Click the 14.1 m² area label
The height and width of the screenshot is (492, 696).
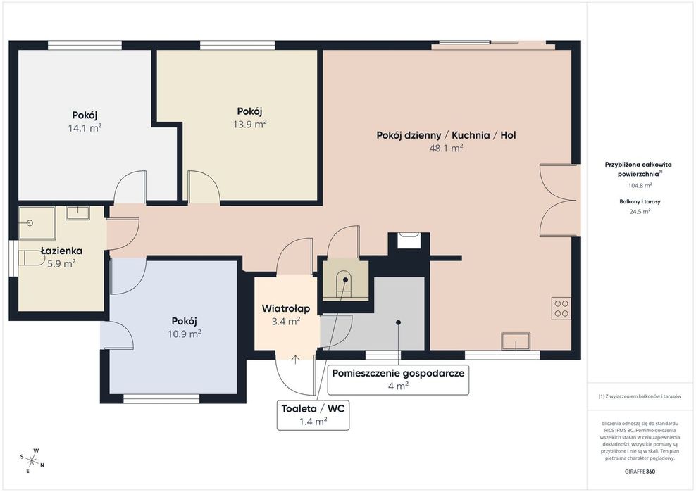coord(85,128)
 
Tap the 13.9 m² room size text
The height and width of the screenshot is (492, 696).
coord(250,124)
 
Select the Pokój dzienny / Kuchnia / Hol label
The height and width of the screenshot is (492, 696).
coord(446,135)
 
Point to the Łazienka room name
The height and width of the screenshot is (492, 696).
coord(61,251)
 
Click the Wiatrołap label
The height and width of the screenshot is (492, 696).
coord(286,308)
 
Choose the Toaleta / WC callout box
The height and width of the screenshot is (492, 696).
coord(313,415)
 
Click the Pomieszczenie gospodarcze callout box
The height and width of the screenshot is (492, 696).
coord(398,379)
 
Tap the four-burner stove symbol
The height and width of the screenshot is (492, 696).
coord(561,308)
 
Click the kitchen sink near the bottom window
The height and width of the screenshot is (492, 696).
coord(516,341)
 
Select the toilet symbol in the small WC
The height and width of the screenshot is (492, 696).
coord(345,282)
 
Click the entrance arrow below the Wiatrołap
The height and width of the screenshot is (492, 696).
coord(295,360)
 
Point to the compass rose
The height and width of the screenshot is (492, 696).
coord(32,460)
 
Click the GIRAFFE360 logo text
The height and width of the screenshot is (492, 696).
coord(640,472)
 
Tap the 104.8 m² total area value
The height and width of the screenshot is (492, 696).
coord(640,185)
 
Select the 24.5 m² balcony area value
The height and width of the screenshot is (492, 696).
coord(640,212)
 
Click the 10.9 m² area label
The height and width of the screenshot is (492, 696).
coord(184,334)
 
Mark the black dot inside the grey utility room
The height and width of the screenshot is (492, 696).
coord(398,322)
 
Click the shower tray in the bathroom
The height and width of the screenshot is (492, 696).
coord(37,223)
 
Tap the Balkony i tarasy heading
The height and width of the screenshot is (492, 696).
coord(640,201)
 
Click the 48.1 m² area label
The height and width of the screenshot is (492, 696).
coord(446,149)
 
